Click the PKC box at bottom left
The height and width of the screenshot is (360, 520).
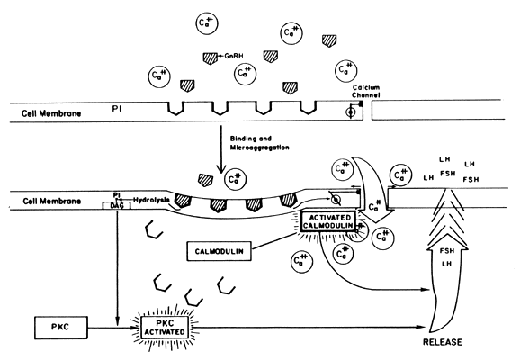pos(61,328)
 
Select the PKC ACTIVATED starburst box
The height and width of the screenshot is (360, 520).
pos(165,328)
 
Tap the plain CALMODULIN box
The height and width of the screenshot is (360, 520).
pos(219,251)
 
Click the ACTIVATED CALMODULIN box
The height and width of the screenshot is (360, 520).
pos(328,221)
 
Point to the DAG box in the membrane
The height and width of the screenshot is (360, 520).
pos(116,206)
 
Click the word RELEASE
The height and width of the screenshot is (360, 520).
pos(443,342)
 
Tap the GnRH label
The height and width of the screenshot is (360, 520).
pos(234,56)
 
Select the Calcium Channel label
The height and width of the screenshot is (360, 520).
pos(366,91)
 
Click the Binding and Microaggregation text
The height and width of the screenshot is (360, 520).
pos(259,143)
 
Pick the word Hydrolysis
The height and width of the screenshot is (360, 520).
pos(151,200)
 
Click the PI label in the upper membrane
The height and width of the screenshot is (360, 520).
pos(117,109)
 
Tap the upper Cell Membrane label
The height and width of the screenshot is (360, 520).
pos(51,113)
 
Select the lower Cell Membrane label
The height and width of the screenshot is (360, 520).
pos(52,201)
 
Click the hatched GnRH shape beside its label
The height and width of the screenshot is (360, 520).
pos(211,58)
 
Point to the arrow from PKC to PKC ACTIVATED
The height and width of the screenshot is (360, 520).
pos(113,328)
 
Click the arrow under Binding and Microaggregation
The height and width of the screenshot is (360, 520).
pos(220,149)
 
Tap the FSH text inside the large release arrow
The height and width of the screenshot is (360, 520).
pos(447,251)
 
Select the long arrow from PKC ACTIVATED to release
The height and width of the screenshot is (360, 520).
pos(309,327)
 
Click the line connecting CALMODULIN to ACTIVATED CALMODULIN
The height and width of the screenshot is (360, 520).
pos(273,241)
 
